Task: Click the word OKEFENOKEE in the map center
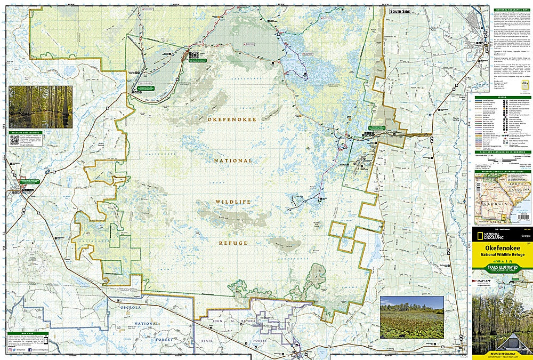coord(233,120)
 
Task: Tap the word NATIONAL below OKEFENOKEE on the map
coord(233,161)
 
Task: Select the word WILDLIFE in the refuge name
coord(233,202)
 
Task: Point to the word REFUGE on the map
coord(233,243)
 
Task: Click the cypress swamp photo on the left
coord(41,107)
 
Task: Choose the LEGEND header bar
coord(502,97)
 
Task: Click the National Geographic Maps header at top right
coord(502,10)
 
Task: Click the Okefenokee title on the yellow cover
coord(502,249)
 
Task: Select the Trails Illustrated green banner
coord(502,270)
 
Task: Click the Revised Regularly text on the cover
coord(502,353)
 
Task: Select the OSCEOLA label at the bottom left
coord(125,306)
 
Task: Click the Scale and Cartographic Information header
coord(502,151)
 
